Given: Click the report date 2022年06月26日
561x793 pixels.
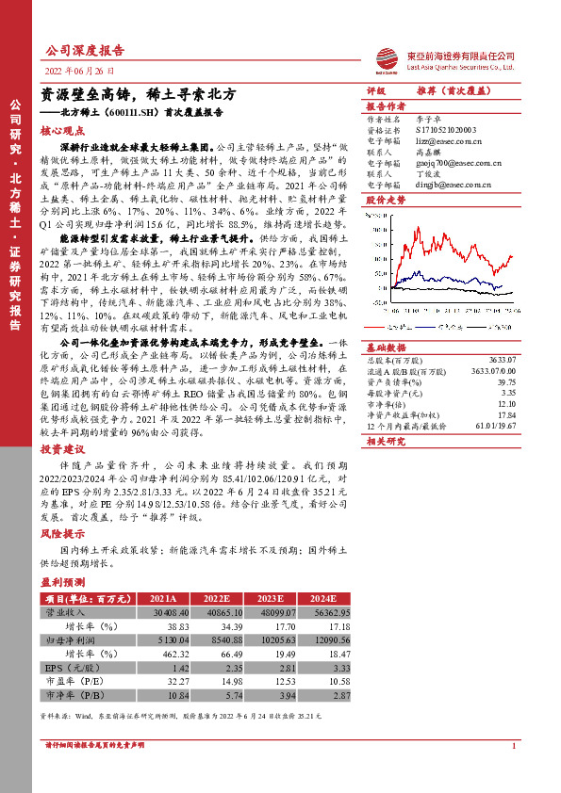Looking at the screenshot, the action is click(82, 72).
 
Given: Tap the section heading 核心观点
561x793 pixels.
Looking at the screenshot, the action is click(60, 133).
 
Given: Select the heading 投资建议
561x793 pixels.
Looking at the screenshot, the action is click(60, 450).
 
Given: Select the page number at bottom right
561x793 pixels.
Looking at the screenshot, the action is click(514, 772).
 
